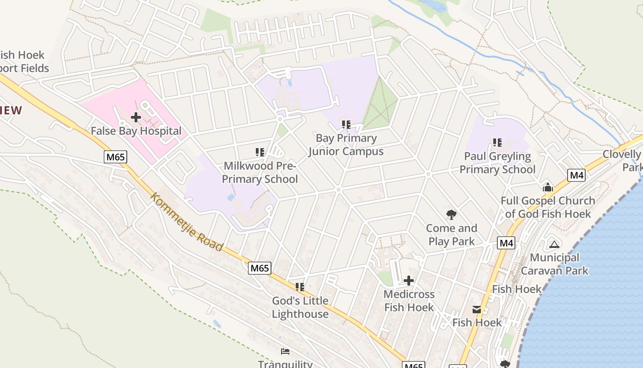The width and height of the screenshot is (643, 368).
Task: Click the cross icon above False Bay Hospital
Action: pos(136,117)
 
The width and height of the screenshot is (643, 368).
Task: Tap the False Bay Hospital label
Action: pos(136,131)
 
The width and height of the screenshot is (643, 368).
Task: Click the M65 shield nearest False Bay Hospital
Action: pos(115,157)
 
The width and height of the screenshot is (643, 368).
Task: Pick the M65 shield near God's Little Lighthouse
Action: pos(259,268)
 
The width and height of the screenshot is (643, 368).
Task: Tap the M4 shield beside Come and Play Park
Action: pos(506,243)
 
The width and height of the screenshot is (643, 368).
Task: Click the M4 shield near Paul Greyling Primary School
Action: pos(576,175)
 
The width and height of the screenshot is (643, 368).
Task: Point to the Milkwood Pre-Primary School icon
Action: pos(260,152)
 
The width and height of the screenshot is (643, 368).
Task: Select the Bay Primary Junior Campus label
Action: pos(346,144)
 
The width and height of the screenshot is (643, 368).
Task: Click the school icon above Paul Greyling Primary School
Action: pos(497,143)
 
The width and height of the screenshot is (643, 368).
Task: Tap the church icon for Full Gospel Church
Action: pos(547,187)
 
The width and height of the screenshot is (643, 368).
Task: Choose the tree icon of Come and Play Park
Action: pos(451,214)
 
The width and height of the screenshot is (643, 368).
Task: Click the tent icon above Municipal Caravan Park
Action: pos(554,244)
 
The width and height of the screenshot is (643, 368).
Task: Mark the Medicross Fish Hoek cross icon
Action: pos(409,281)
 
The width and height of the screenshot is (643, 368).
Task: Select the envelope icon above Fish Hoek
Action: pos(477,310)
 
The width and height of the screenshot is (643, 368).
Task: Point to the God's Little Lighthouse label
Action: pos(300,307)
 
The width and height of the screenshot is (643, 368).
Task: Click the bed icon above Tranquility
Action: pos(285,351)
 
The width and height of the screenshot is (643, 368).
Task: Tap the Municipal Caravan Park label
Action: pos(554,264)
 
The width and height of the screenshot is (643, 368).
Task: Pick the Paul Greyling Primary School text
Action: pos(497,163)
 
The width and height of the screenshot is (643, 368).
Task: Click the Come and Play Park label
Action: pos(451,235)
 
